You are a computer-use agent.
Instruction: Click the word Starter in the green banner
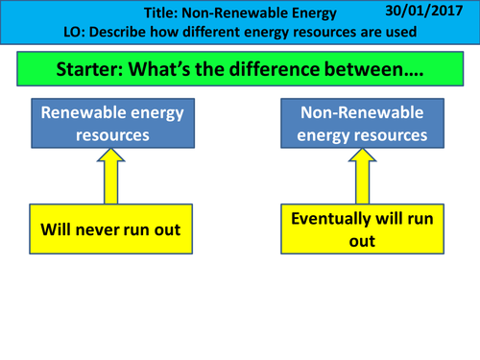click(92, 72)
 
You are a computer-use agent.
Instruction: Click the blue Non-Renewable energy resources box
click(362, 124)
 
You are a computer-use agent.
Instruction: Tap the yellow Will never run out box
click(110, 230)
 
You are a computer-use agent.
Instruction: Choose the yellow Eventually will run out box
click(362, 230)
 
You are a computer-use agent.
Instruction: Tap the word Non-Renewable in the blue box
click(362, 113)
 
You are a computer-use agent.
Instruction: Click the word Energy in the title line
click(308, 13)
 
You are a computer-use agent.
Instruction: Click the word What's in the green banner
click(179, 72)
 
